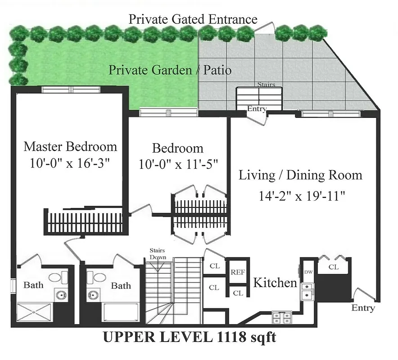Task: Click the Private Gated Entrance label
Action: [x=193, y=19]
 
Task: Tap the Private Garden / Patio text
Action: [x=170, y=71]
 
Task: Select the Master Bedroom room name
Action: [x=70, y=146]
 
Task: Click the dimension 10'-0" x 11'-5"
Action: [x=178, y=164]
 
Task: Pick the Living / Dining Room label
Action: [x=300, y=175]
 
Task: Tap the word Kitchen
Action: [x=275, y=283]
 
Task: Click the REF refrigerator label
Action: [x=238, y=272]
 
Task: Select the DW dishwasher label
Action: [x=308, y=272]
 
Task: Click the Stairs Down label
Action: [x=158, y=254]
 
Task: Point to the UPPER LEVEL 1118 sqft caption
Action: [x=190, y=337]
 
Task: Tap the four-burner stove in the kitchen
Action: [x=281, y=318]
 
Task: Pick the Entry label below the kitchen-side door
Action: [x=363, y=308]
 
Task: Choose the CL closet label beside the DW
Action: [x=334, y=267]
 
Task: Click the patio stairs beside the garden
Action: [x=259, y=97]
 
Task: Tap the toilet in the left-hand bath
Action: [x=56, y=277]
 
